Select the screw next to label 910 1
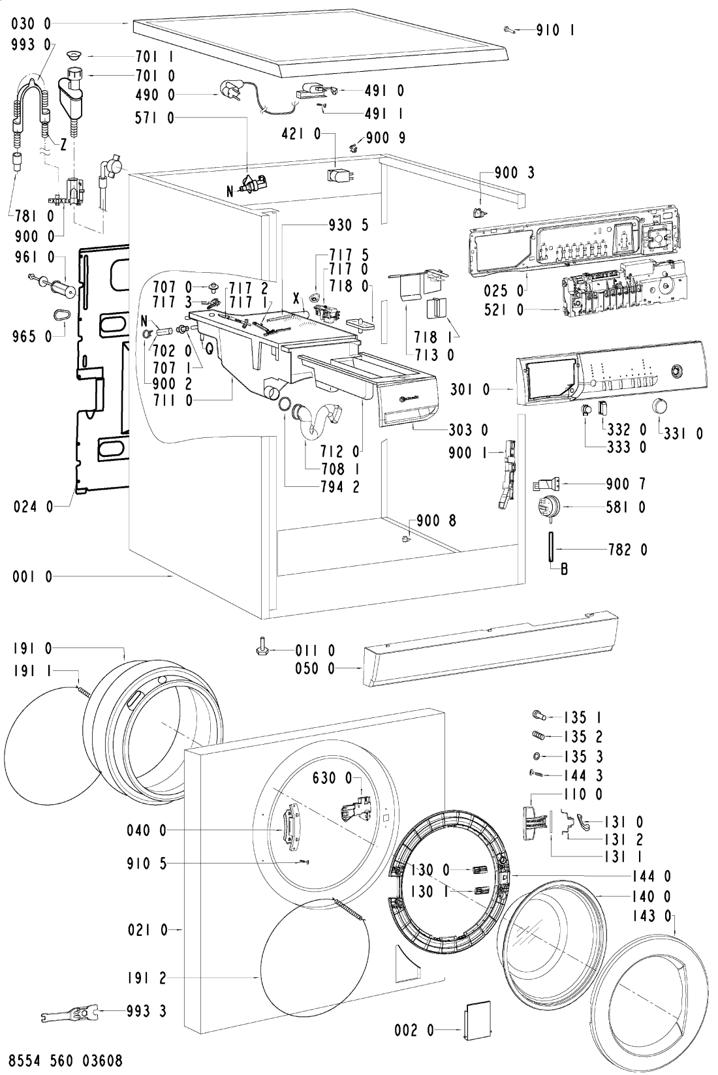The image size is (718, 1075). tap(510, 29)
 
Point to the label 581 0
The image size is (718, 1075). tap(625, 506)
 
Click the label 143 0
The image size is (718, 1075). tap(649, 917)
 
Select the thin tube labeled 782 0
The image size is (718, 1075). tap(552, 546)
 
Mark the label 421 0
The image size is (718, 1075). tap(301, 134)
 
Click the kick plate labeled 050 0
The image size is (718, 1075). tap(490, 653)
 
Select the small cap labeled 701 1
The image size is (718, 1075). tap(73, 55)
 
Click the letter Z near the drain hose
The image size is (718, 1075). tap(63, 146)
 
